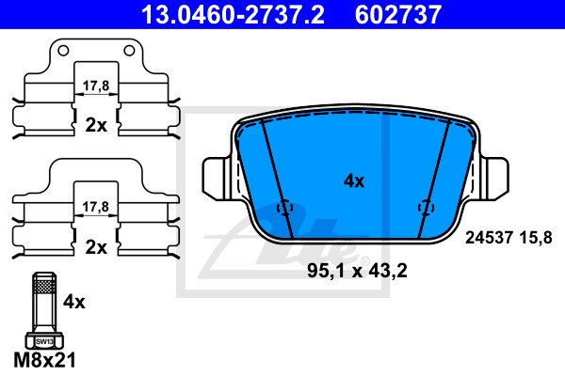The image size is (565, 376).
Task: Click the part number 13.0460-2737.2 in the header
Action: [x=233, y=14]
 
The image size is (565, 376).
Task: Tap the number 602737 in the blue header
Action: [x=398, y=14]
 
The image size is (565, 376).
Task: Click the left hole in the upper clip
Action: [x=63, y=51]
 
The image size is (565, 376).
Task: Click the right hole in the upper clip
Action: [x=129, y=51]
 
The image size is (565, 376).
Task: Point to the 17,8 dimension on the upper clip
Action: [x=96, y=86]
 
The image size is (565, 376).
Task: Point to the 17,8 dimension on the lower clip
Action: [x=95, y=207]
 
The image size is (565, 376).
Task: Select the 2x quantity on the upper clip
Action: [x=96, y=126]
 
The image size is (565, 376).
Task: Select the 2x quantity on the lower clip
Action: [x=96, y=247]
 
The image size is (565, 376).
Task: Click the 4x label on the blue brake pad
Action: [x=354, y=181]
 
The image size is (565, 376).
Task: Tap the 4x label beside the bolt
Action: [x=74, y=302]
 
